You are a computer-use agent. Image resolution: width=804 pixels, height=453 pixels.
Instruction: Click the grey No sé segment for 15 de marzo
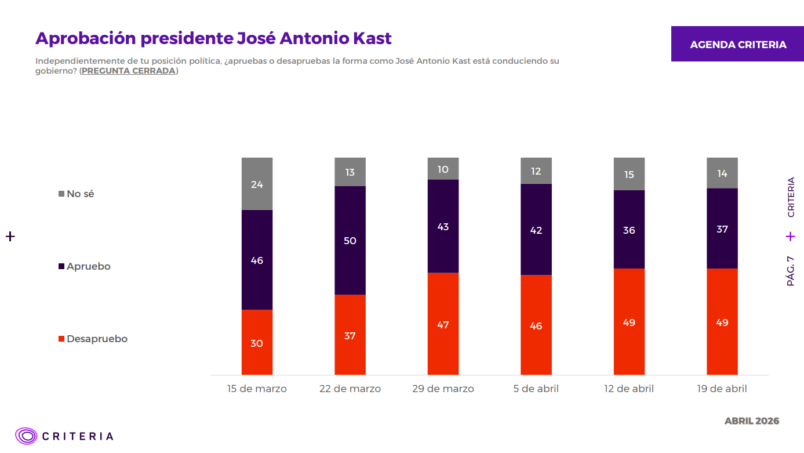click(x=257, y=184)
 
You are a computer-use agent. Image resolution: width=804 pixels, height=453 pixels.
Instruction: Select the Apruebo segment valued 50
click(x=350, y=240)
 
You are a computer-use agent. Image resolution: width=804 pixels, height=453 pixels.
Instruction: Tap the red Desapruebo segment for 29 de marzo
click(x=443, y=324)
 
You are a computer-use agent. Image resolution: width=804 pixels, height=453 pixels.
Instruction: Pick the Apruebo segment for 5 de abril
click(x=536, y=230)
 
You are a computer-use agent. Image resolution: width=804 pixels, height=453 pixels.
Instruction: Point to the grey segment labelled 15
click(x=629, y=174)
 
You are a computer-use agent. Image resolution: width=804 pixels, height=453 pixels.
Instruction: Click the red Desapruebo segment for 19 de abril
click(x=722, y=322)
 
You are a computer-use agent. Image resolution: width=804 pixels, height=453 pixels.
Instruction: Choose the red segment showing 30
click(x=257, y=342)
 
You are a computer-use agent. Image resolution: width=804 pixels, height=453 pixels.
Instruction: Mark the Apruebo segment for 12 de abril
click(x=629, y=230)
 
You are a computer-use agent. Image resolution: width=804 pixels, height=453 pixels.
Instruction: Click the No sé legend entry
click(x=76, y=194)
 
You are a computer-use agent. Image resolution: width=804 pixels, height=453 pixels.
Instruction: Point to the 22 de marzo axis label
click(x=350, y=389)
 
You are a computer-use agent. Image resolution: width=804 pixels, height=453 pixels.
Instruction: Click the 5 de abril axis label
click(x=536, y=389)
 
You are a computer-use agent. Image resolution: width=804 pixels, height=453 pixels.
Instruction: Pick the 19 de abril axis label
click(x=722, y=389)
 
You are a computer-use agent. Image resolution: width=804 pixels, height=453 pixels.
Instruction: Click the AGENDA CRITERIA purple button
click(x=737, y=44)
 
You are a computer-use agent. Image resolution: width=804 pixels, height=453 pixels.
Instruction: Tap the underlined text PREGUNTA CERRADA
click(x=128, y=71)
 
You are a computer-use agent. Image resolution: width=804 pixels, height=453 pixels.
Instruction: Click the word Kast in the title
click(x=372, y=38)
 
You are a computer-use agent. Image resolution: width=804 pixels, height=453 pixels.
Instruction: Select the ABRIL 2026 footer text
click(x=752, y=421)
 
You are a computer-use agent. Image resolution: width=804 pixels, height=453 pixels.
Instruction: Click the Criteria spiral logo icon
click(x=26, y=436)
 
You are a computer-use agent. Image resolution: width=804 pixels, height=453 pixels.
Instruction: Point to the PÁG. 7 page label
click(x=791, y=271)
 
